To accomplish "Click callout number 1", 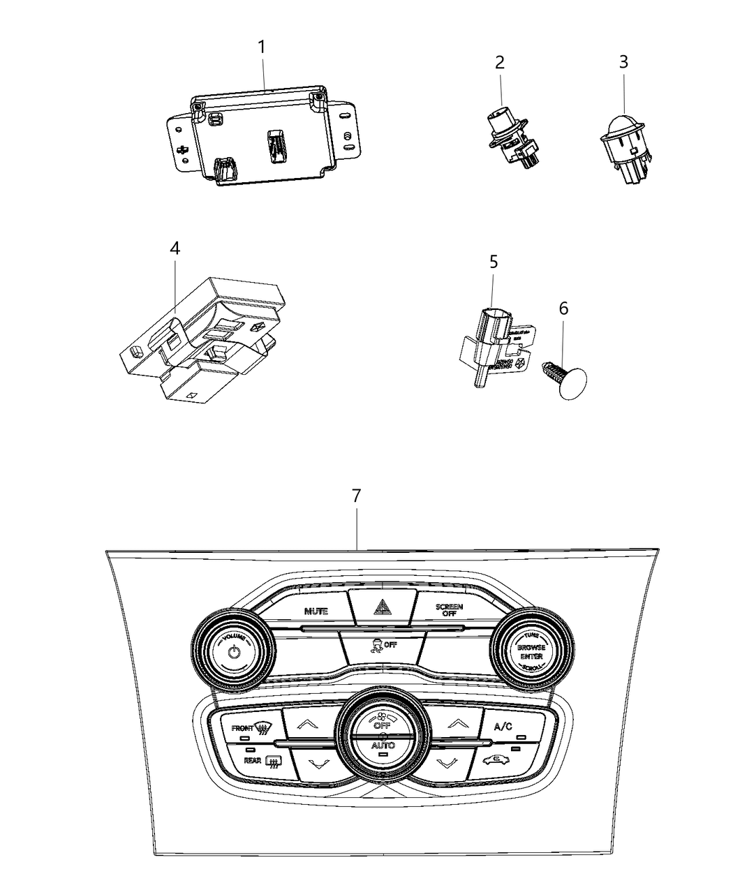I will [262, 48].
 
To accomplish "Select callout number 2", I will [499, 62].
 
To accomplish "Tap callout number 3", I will [623, 62].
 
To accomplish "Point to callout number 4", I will [175, 248].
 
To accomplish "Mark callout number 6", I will [563, 308].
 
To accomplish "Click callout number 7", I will [356, 496].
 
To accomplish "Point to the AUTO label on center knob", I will [383, 746].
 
